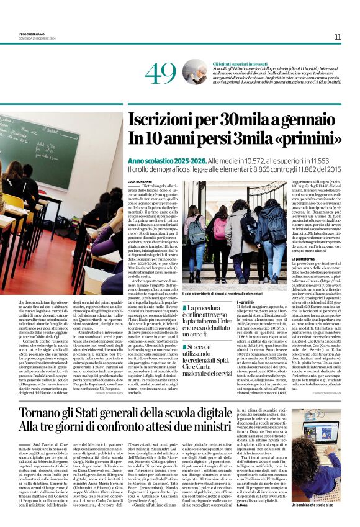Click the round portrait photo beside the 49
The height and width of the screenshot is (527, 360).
(194, 72)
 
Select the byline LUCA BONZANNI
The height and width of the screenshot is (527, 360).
(140, 180)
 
